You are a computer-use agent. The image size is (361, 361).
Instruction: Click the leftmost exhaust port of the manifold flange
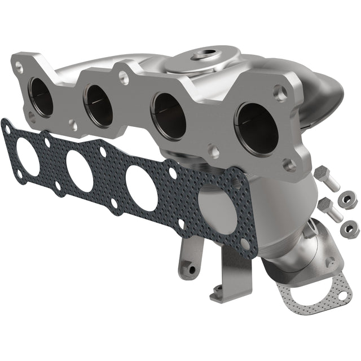(x=42, y=96)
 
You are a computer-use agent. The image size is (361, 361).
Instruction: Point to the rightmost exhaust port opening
(x=257, y=127)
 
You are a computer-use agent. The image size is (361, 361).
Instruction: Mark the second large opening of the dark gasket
(x=80, y=170)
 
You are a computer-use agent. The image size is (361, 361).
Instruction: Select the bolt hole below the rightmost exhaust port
(x=288, y=165)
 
